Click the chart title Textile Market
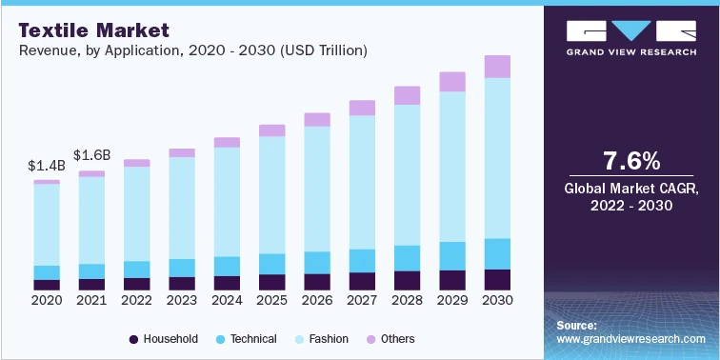(86, 29)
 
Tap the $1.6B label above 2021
(92, 155)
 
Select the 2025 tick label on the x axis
(272, 300)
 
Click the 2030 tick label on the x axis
(497, 300)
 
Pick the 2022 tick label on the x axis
(137, 300)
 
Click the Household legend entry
(164, 339)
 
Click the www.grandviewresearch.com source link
(631, 339)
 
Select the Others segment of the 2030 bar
(497, 66)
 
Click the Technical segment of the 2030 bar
(497, 253)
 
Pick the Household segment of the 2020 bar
(47, 285)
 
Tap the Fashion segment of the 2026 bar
(317, 189)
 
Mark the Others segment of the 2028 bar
(407, 95)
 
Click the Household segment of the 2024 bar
(227, 283)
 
